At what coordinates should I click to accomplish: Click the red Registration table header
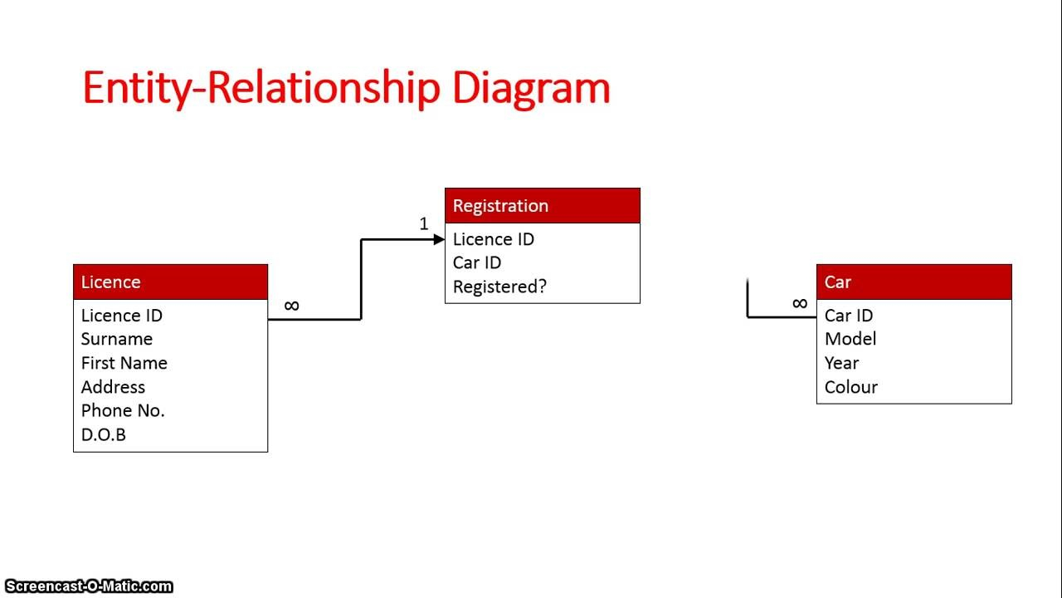click(x=542, y=206)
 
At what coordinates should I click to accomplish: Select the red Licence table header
click(x=170, y=282)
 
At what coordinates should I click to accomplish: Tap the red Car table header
click(x=913, y=282)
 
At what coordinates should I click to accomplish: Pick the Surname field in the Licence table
click(x=117, y=339)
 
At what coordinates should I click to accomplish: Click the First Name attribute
click(x=124, y=363)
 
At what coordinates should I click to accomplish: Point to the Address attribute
click(x=113, y=387)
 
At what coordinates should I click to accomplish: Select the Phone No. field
click(x=123, y=410)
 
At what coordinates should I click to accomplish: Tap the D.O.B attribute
click(x=104, y=434)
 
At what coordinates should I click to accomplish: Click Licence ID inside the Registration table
click(x=494, y=239)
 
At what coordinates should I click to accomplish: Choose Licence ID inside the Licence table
click(x=122, y=316)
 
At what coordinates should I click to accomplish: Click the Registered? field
click(x=499, y=287)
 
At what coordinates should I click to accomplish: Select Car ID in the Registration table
click(x=477, y=262)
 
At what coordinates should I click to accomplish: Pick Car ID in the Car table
click(x=849, y=316)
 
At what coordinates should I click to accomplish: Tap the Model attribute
click(x=850, y=339)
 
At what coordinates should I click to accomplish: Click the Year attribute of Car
click(x=841, y=363)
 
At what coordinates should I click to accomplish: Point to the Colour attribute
click(x=851, y=387)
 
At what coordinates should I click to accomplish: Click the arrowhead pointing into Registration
click(x=439, y=240)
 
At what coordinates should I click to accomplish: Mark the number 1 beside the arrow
click(x=424, y=224)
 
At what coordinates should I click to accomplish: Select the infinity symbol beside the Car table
click(x=800, y=304)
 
